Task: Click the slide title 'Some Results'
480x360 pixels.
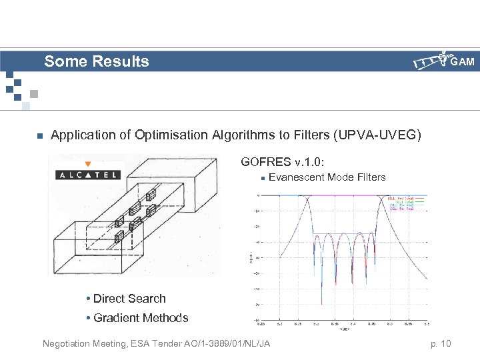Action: pyautogui.click(x=97, y=62)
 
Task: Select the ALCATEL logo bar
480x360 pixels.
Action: pyautogui.click(x=87, y=175)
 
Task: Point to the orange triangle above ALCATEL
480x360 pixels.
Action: pyautogui.click(x=87, y=163)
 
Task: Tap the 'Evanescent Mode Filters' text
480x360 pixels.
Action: pyautogui.click(x=327, y=177)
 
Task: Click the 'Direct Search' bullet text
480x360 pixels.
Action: pyautogui.click(x=129, y=299)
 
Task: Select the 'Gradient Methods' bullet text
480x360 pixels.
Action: pyautogui.click(x=141, y=318)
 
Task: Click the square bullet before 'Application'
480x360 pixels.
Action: pyautogui.click(x=39, y=136)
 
